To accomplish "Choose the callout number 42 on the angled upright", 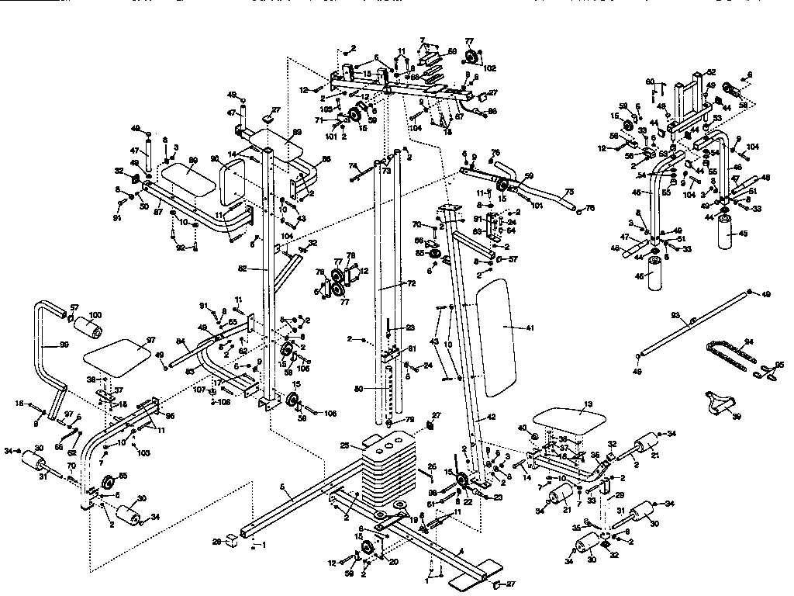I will coord(490,417).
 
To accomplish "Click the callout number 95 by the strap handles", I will coord(779,364).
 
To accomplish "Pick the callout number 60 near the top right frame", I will coord(651,81).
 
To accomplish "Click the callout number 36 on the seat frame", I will coord(595,456).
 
